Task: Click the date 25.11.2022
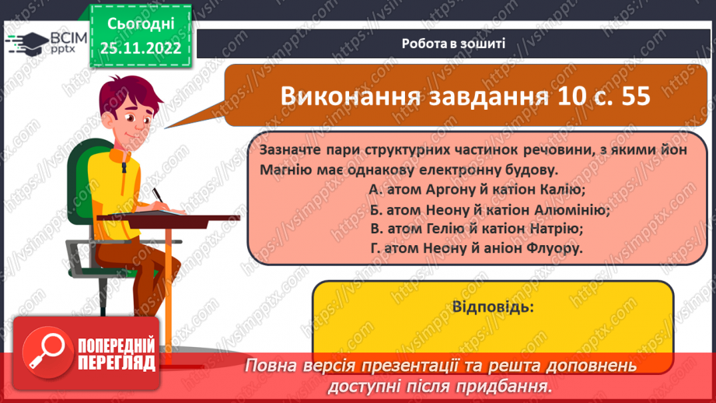(141, 47)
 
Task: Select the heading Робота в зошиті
(454, 44)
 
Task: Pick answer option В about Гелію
(477, 229)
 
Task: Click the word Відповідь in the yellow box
(492, 307)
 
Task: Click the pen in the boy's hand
(158, 192)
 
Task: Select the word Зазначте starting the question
(287, 150)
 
